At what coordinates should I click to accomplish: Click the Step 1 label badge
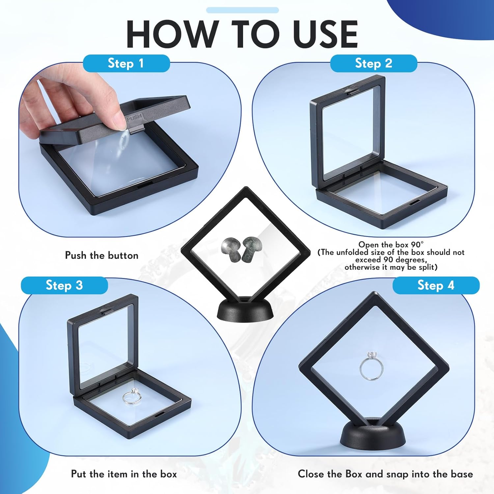(126, 63)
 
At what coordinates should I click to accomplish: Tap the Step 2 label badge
(373, 63)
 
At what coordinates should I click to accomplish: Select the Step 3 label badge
(64, 285)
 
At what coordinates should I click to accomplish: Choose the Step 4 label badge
(436, 285)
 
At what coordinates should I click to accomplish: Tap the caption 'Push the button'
(101, 256)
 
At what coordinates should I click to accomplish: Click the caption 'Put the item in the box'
(124, 474)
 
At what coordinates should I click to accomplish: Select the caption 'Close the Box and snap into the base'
(385, 474)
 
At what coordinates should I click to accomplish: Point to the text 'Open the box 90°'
(391, 245)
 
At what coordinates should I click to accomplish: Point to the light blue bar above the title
(242, 10)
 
